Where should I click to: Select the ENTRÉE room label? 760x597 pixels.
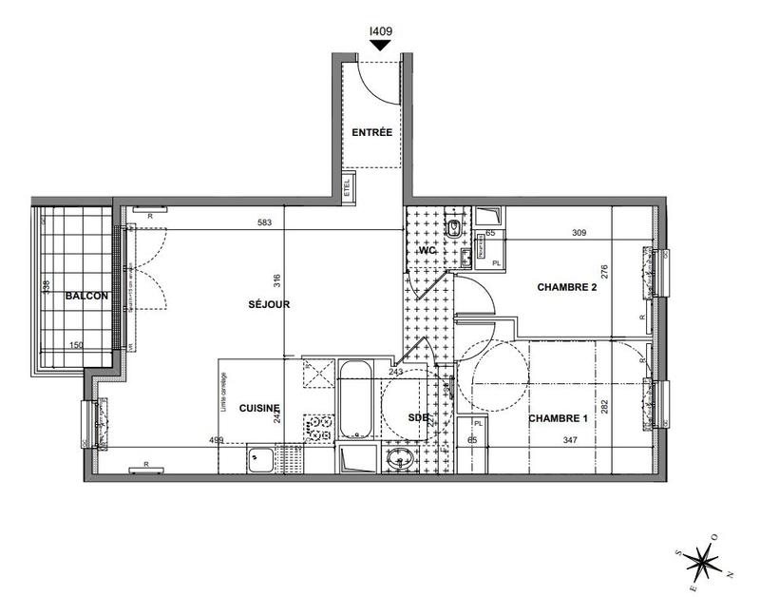coord(371,133)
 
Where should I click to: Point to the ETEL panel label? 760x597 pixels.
coord(347,186)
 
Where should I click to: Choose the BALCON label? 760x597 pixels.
coord(86,297)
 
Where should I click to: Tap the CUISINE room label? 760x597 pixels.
coord(258,408)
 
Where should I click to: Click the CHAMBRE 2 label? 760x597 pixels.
coord(567,287)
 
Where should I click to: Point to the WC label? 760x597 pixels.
coord(424,251)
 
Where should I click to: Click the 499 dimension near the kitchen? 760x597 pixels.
coord(216,440)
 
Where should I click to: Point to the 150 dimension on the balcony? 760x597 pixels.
coord(75,345)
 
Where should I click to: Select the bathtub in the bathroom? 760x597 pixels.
coord(357,399)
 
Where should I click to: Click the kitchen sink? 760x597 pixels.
coord(260,460)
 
